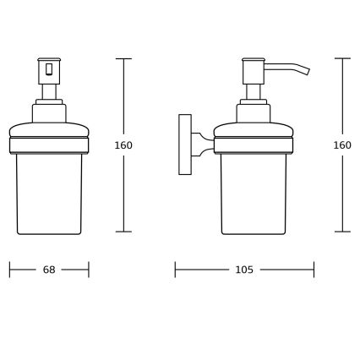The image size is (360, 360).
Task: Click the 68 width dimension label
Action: [49, 270]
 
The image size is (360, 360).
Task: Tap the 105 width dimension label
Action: [243, 270]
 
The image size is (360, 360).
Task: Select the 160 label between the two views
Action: [123, 145]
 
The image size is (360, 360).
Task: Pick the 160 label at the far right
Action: [342, 145]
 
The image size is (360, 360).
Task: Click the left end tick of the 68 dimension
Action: [10, 270]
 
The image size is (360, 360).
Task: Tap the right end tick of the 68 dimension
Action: [89, 270]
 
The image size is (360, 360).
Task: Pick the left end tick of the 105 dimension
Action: [175, 270]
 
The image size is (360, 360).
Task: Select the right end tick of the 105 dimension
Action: [314, 270]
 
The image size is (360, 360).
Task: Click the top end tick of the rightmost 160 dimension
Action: [342, 58]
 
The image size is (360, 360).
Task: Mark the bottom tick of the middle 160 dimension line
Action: [123, 232]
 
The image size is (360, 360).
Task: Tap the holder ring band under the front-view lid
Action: [49, 145]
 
